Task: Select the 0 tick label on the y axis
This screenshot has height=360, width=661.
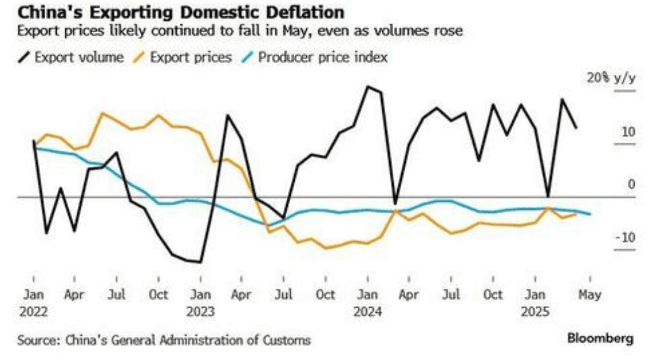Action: [x=631, y=184]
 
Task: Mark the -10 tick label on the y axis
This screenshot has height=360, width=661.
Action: [x=625, y=237]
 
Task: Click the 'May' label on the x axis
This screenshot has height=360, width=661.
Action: [x=590, y=295]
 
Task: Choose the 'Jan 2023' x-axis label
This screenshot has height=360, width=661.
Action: [x=201, y=303]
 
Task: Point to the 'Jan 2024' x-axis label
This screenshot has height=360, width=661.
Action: [x=368, y=303]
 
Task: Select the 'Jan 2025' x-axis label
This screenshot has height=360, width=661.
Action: [x=535, y=303]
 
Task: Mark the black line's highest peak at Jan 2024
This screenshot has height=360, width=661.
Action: [x=368, y=87]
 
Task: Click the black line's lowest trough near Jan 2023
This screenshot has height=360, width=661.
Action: [x=201, y=262]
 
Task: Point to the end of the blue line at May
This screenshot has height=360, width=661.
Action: [x=590, y=214]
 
